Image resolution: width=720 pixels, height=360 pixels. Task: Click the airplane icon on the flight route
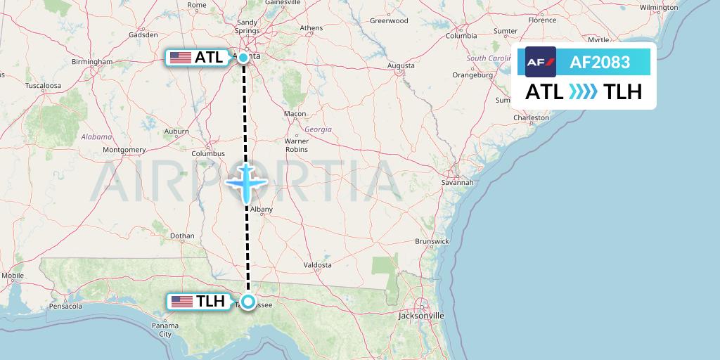coord(246,182)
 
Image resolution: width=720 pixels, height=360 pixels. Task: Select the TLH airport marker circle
coord(248,302)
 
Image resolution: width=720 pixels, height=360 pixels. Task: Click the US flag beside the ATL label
coord(181,58)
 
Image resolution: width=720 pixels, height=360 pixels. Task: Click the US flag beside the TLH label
coord(182,302)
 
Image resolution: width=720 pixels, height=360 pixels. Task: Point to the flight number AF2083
coord(600,62)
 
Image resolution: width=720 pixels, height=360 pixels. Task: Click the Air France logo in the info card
coord(541,62)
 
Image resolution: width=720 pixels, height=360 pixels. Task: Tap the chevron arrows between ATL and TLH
coord(582,91)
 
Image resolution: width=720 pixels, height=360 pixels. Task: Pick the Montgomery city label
coord(124,150)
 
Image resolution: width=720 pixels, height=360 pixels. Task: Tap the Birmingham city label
coord(91,61)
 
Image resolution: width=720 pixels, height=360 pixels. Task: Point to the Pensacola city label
coord(66,307)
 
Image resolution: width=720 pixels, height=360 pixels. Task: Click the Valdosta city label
coord(318,265)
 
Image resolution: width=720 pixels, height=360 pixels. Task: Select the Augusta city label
coord(401,66)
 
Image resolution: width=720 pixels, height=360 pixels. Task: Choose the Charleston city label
coord(530,118)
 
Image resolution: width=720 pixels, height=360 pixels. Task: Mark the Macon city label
coord(295,114)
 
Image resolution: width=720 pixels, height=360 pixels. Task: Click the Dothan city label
coord(182,236)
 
